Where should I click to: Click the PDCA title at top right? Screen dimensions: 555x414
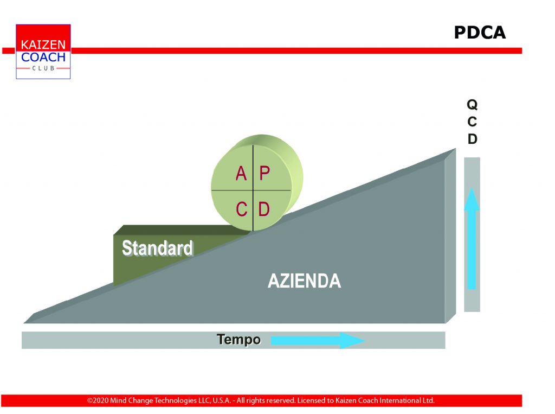click(x=480, y=33)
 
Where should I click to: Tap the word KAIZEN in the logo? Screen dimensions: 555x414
click(x=43, y=44)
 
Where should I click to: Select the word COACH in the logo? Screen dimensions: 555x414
click(x=43, y=57)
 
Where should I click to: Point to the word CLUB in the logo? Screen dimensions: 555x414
click(x=43, y=68)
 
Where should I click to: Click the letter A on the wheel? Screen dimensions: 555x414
click(x=241, y=173)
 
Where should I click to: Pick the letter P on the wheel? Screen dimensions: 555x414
click(x=264, y=173)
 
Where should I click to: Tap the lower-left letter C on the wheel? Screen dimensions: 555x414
click(x=241, y=209)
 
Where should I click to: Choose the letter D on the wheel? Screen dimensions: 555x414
click(x=264, y=209)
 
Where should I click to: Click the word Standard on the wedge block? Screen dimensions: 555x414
click(x=157, y=248)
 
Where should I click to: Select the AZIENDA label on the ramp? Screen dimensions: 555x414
click(x=304, y=281)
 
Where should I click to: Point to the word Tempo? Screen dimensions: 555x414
click(x=238, y=340)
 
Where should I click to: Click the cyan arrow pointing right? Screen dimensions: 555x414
click(x=318, y=341)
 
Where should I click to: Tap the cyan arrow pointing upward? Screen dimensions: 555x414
click(x=472, y=238)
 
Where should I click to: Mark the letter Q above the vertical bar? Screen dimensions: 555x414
click(x=472, y=105)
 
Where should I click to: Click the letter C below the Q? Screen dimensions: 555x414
click(x=472, y=122)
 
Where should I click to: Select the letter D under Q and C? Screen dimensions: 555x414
click(x=473, y=138)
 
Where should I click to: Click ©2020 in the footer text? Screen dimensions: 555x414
click(x=98, y=400)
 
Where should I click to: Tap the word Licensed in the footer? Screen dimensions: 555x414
click(x=311, y=400)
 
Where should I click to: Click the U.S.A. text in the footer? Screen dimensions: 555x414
click(x=222, y=400)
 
